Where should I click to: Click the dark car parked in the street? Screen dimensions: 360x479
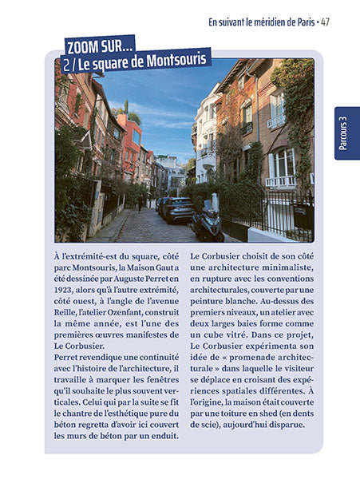[177, 208]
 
